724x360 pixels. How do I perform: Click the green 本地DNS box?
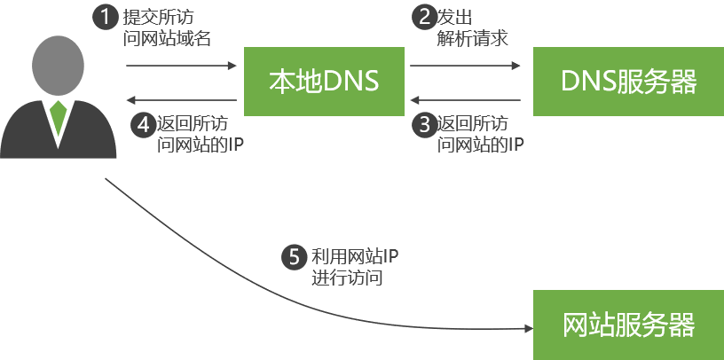324,82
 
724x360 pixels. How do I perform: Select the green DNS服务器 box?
627,82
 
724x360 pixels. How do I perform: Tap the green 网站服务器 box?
627,325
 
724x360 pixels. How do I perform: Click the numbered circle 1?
106,17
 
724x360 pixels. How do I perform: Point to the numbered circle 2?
423,17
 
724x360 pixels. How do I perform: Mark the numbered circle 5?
294,257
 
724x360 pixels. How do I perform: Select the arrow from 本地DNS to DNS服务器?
465,66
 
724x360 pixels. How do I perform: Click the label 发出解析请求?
471,27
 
